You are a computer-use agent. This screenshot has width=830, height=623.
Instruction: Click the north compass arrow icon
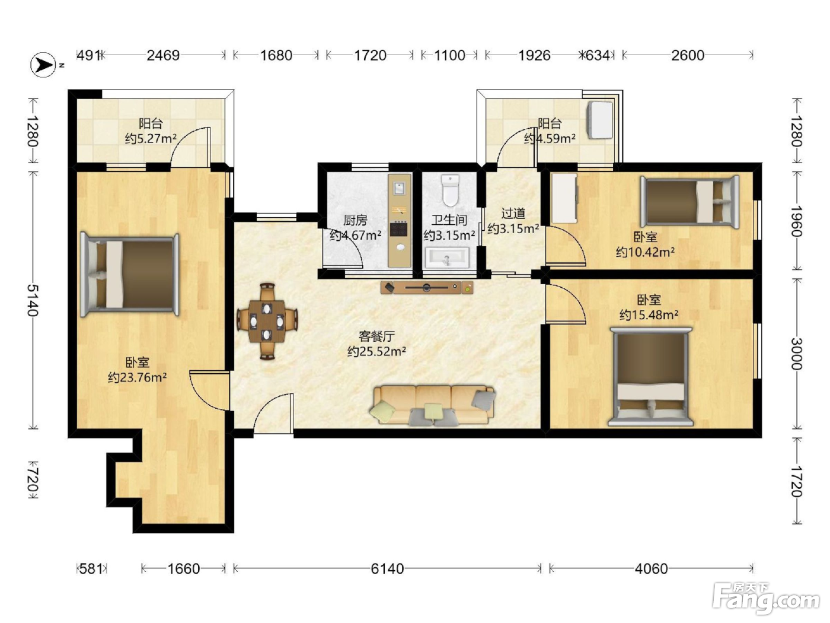[43, 65]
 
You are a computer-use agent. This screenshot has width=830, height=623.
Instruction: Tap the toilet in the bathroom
[450, 190]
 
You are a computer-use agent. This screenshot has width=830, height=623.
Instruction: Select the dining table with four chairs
[267, 321]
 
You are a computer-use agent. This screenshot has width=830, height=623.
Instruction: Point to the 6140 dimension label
[387, 568]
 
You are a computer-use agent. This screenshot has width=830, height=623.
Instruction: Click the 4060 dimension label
[651, 568]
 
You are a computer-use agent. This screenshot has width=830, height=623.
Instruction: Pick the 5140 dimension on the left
[33, 300]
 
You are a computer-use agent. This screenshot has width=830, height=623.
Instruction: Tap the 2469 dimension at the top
[163, 56]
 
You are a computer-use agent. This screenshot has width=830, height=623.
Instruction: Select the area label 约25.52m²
[376, 351]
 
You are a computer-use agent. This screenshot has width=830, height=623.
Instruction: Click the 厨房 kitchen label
[355, 220]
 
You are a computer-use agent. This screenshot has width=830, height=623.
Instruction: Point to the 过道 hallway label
[513, 214]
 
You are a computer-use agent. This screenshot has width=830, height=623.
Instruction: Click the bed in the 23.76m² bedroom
[130, 275]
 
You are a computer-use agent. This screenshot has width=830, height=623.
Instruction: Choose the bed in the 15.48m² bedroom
[651, 377]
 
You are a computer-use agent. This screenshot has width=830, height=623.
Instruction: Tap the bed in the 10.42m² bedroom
[689, 202]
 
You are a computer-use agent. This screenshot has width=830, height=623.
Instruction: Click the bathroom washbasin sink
[448, 258]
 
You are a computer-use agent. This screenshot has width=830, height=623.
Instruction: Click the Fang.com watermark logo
[766, 599]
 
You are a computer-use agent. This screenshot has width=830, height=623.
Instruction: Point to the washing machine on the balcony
[599, 120]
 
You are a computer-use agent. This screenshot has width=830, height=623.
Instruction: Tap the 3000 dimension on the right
[797, 354]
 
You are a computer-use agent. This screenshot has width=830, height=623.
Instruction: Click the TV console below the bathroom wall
[427, 288]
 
